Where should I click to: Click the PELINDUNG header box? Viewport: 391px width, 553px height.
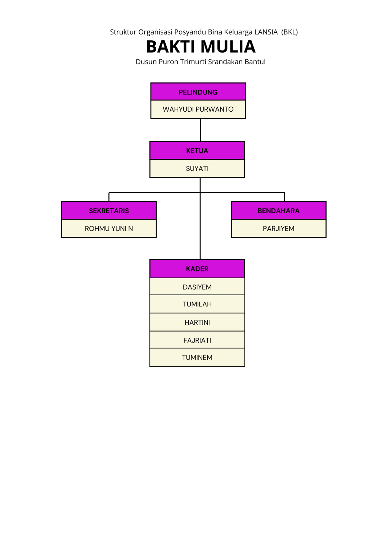198,92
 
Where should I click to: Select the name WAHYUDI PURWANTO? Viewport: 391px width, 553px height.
198,109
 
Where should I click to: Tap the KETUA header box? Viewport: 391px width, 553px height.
197,150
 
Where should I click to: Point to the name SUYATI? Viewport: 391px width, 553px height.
197,168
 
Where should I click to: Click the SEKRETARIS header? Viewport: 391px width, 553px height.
109,211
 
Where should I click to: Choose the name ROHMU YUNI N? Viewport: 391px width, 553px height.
109,229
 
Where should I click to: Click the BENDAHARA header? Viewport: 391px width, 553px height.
278,211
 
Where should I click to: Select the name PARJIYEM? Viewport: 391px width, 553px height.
278,229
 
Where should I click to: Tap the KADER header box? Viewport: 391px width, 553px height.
197,269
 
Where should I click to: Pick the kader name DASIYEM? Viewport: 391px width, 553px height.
197,287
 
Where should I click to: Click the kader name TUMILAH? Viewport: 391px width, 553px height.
197,304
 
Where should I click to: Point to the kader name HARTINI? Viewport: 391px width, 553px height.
197,322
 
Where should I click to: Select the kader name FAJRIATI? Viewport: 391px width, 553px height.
197,340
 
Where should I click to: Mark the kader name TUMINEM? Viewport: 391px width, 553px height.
197,358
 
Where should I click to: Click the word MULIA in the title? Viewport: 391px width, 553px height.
228,47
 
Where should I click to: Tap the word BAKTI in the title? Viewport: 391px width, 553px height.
171,47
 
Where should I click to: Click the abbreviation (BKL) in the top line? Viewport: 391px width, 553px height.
289,32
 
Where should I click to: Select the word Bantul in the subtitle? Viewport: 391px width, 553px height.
255,62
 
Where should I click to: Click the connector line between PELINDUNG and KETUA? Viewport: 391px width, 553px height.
201,130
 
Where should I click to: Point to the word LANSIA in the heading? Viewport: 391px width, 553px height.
266,32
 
